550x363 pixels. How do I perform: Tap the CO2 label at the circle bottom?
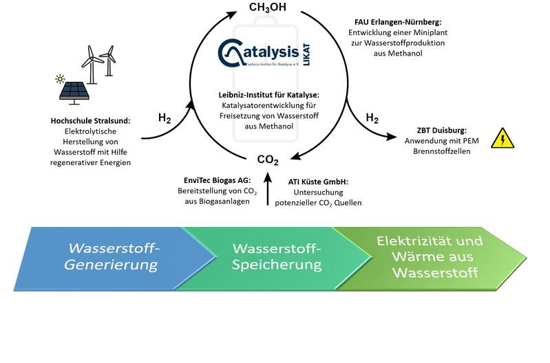tap(268, 160)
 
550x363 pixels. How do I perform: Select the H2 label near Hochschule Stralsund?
tap(165, 118)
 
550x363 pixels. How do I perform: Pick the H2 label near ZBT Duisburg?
tap(372, 118)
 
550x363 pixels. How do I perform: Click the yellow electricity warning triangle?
tap(503, 140)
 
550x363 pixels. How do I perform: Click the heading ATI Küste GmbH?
tap(318, 181)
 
